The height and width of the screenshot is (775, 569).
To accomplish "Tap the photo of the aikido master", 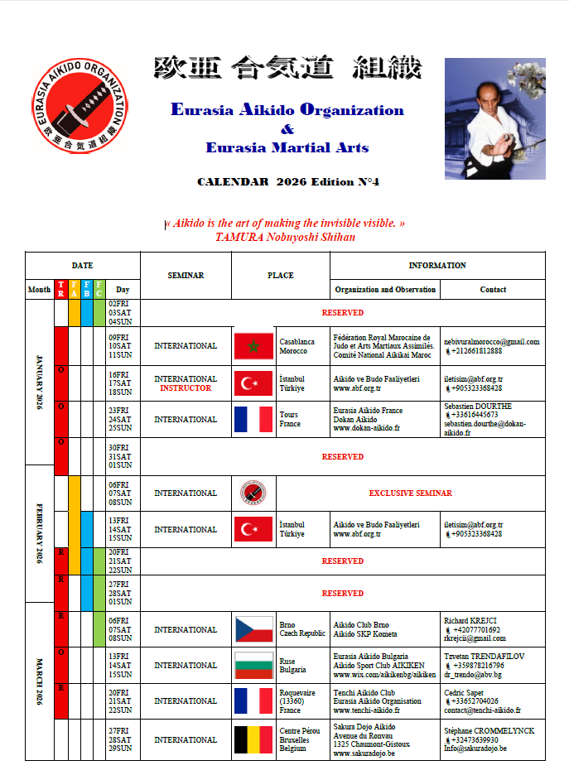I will point(494,118).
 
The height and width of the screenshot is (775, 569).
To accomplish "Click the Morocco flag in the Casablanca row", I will point(253,346).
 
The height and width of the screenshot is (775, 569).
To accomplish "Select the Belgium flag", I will point(253,739).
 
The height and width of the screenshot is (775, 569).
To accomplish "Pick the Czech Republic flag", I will point(253,629).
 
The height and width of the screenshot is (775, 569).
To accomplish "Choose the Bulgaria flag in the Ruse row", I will point(253,665).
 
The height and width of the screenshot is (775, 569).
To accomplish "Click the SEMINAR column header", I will point(186,276).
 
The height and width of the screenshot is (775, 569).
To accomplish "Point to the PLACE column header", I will point(280,276).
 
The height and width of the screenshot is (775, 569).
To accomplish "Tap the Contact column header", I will point(493,290).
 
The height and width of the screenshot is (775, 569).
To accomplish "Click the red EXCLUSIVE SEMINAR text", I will point(410,493).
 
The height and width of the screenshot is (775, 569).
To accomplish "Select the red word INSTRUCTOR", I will point(186,387).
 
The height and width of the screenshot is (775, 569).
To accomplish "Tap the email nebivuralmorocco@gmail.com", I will point(491,341).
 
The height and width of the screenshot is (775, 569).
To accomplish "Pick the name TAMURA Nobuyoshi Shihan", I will point(285,237).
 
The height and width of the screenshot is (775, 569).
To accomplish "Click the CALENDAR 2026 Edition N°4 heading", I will point(287,182).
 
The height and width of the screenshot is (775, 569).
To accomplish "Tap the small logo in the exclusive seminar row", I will point(253,493).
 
